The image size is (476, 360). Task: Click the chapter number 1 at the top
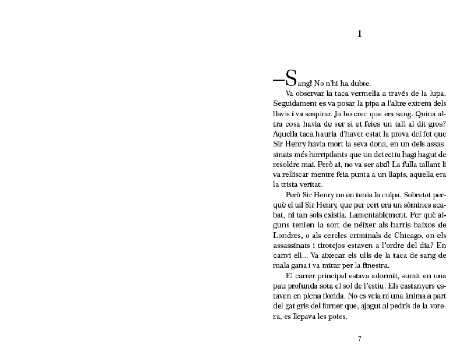coord(360,34)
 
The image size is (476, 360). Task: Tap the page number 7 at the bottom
coord(360,339)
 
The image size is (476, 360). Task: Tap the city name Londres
coord(287,239)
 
